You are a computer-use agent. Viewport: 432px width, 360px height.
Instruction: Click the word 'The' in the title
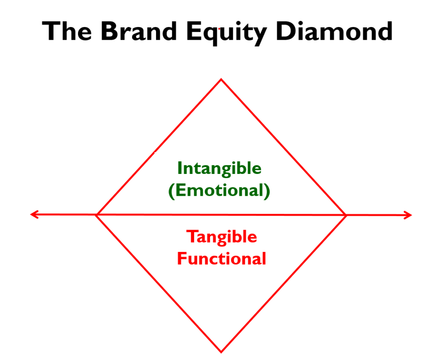click(67, 31)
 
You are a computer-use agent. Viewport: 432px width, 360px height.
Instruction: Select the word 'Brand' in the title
click(139, 31)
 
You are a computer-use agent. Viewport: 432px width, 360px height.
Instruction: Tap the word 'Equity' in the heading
click(227, 33)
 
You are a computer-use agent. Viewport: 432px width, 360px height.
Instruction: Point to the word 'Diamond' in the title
click(334, 31)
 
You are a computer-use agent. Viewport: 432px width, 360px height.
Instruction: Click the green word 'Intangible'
click(219, 168)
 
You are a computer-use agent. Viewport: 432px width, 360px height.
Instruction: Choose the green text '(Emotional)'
click(219, 190)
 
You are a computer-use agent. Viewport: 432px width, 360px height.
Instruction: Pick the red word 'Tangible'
click(221, 237)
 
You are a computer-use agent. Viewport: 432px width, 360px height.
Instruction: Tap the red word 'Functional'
click(221, 259)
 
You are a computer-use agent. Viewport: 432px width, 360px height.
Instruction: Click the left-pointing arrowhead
click(34, 214)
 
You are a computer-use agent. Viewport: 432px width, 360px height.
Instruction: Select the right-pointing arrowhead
click(408, 215)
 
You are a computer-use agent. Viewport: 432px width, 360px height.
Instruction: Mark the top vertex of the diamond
click(221, 79)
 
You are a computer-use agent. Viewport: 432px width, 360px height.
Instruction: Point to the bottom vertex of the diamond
click(221, 352)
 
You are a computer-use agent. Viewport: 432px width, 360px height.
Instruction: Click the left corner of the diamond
click(96, 215)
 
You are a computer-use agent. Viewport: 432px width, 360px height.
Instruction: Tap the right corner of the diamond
click(346, 215)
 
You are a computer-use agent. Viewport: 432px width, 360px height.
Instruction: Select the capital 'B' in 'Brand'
click(109, 31)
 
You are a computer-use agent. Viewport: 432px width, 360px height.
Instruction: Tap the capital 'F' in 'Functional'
click(182, 259)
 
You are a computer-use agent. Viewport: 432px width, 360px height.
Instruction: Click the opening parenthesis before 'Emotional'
click(171, 191)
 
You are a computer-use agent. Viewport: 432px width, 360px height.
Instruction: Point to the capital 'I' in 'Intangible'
click(180, 168)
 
